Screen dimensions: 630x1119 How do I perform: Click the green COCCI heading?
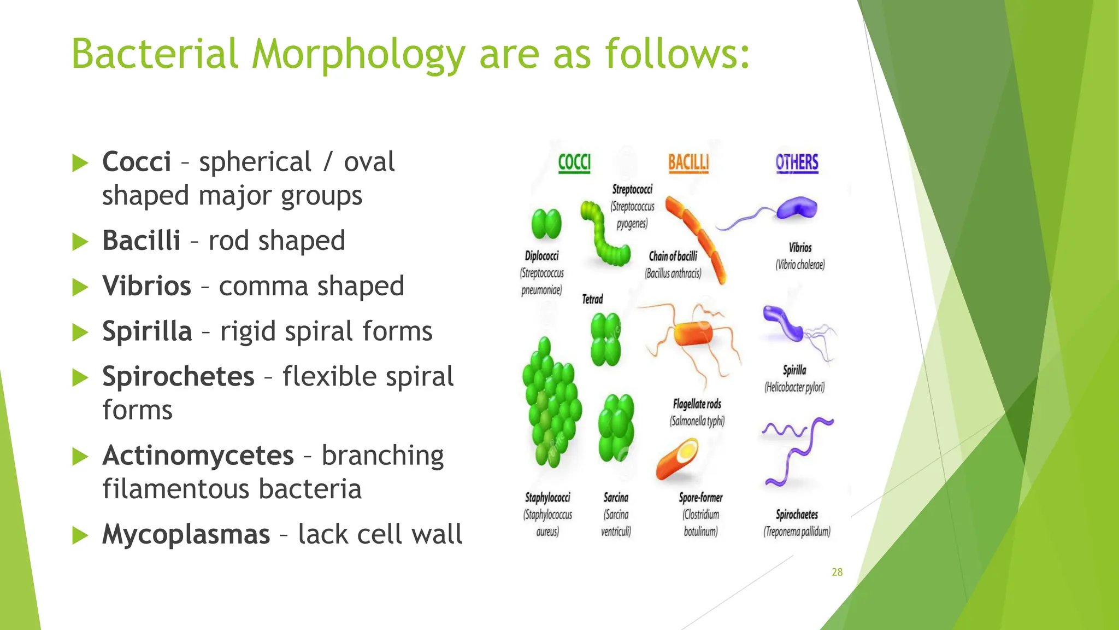pos(574,163)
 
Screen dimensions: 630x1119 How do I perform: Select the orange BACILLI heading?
pos(688,163)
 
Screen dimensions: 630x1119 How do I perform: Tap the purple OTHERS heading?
pos(797,163)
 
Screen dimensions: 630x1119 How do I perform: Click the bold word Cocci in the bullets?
pos(137,162)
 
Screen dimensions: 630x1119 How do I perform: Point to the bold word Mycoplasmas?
pos(186,534)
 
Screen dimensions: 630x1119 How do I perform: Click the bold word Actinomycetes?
pos(198,456)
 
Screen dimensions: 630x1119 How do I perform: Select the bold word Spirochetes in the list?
pos(178,377)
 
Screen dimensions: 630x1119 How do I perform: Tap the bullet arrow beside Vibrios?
pos(80,287)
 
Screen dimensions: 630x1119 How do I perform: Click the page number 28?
pos(837,572)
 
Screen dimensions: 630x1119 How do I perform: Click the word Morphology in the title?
pos(358,55)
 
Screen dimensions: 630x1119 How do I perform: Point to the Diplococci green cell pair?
pos(546,224)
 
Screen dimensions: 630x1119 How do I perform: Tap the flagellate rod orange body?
pos(693,334)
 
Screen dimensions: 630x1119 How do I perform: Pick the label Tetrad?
pos(592,299)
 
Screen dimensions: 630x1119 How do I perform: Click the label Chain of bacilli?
pos(673,256)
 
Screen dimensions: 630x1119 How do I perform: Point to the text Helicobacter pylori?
pos(794,388)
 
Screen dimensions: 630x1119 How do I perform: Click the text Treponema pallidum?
pos(797,532)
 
